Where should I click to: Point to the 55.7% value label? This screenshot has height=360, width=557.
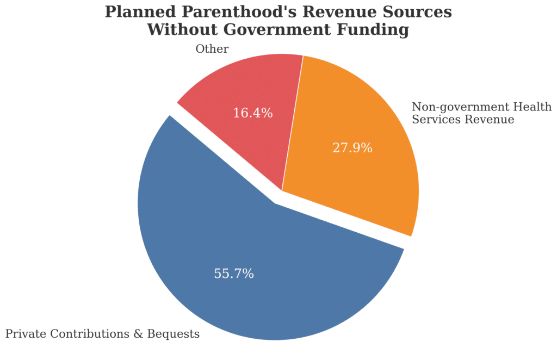click(234, 274)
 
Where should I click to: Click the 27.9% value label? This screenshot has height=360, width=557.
click(352, 148)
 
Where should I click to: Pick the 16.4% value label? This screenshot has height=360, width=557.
click(253, 113)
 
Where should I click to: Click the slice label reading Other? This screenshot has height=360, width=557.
click(212, 49)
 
